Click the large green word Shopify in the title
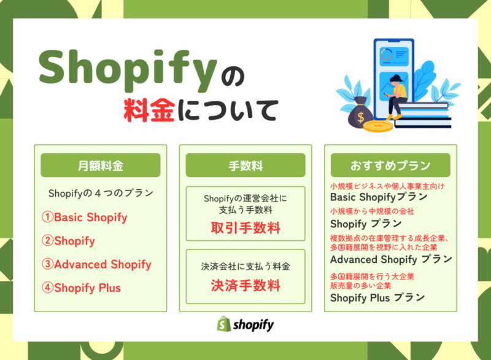click(x=125, y=66)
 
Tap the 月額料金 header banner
click(x=101, y=165)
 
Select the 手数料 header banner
click(x=245, y=165)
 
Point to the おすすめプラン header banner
click(x=390, y=165)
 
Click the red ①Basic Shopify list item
click(x=85, y=217)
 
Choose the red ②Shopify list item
click(x=69, y=241)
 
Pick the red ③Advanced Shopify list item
click(x=96, y=265)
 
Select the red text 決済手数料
click(x=245, y=285)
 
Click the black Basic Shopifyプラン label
click(x=379, y=198)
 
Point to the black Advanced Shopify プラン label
click(x=391, y=259)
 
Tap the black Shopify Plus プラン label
click(x=377, y=298)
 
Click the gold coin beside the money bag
click(x=377, y=127)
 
